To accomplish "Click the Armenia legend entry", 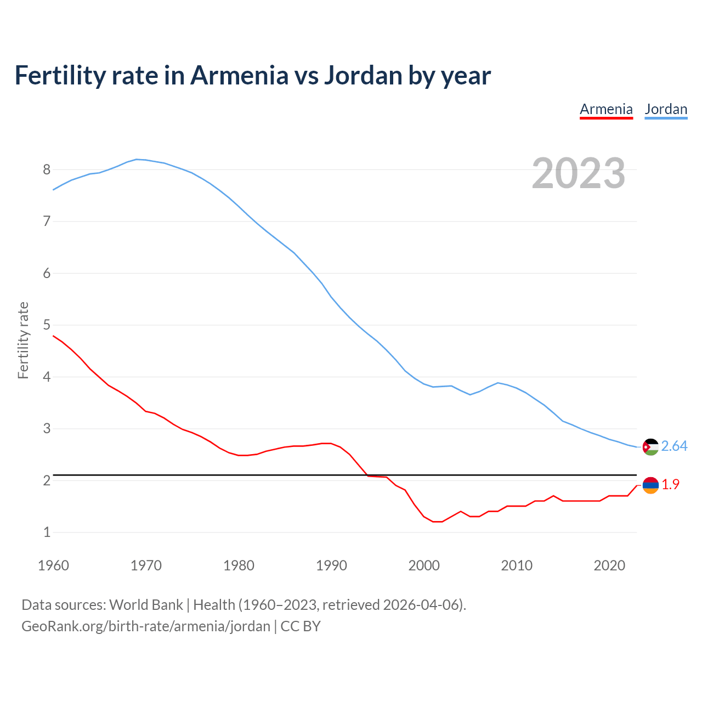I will point(606,109).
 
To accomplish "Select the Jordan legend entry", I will point(666,109).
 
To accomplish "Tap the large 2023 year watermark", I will point(578,173).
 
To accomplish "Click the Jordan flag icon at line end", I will point(650,447).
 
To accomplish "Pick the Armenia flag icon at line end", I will point(650,485).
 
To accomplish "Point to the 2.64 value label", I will point(674,446).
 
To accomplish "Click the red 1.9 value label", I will point(670,484).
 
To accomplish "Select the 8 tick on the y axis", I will point(47,169).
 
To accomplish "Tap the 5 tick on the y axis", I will point(47,325).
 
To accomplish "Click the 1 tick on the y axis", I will point(47,533).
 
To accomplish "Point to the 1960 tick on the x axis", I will point(53,565).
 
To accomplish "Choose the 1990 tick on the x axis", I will point(331,565).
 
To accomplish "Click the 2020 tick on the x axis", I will point(609,565).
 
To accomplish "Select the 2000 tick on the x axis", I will point(424,565).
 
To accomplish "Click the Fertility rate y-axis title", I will point(23,340).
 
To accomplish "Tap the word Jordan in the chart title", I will point(363,76).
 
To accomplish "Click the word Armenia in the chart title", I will point(239,76).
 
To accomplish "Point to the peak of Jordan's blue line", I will point(137,159).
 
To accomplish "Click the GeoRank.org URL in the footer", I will point(145,626).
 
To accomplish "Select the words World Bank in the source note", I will point(146,605).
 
